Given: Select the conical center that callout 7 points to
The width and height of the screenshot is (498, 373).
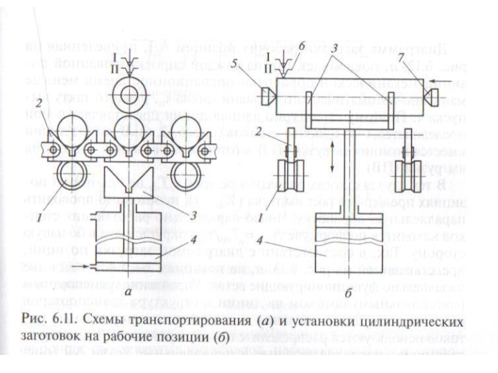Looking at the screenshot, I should (x=430, y=94).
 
